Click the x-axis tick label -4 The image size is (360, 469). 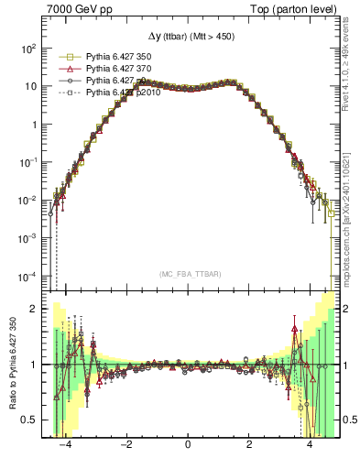(64, 445)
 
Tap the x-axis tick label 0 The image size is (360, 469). (188, 445)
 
